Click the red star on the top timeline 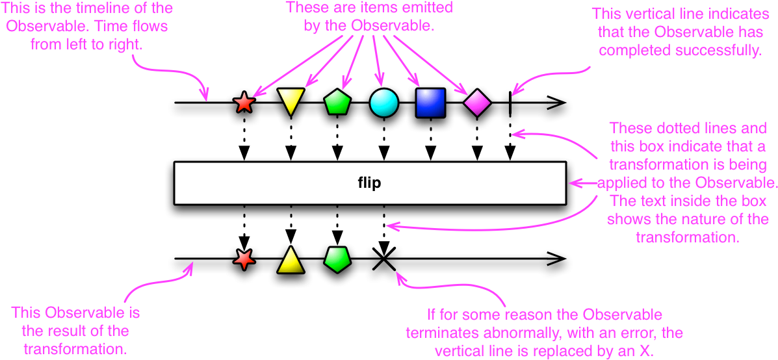click(244, 103)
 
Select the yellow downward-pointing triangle click(291, 101)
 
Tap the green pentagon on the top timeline click(337, 103)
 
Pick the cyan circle click(383, 103)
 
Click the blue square click(430, 103)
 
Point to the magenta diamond click(477, 103)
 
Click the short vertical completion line click(510, 103)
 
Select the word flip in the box click(369, 183)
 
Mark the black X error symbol click(383, 259)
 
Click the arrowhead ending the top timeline click(558, 103)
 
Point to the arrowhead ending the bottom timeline click(558, 259)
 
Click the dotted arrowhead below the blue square click(430, 154)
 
